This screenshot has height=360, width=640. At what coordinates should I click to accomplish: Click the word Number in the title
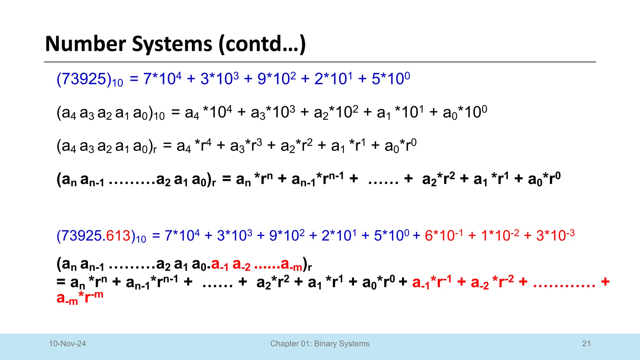pos(85,44)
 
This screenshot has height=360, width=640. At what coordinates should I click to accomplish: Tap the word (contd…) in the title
pos(262,44)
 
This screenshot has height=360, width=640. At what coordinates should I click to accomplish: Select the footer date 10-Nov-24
pos(67,343)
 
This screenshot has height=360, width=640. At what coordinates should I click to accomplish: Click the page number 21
pos(586,343)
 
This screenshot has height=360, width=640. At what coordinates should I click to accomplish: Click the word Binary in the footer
pos(325,343)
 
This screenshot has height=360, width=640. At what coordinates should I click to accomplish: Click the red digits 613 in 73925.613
pos(118,236)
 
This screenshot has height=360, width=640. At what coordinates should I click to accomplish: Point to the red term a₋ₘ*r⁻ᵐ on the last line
pos(80,297)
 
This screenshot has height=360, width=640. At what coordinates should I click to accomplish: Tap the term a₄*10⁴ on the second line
pos(208,112)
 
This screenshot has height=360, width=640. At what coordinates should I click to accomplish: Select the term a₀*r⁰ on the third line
pos(400,146)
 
